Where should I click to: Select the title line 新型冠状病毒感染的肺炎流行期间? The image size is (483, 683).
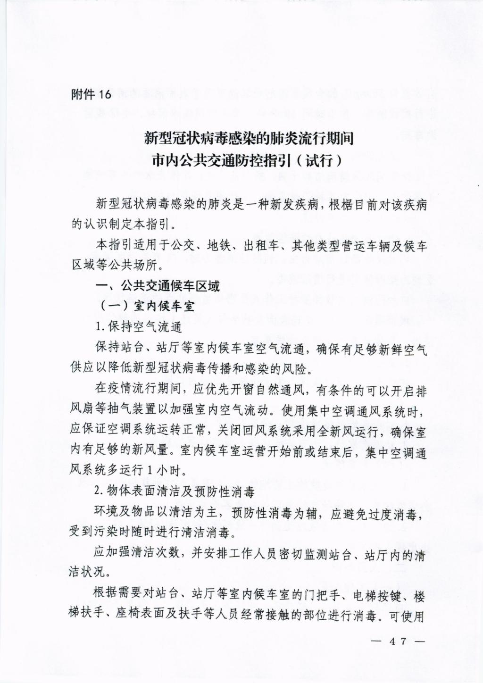click(249, 138)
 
